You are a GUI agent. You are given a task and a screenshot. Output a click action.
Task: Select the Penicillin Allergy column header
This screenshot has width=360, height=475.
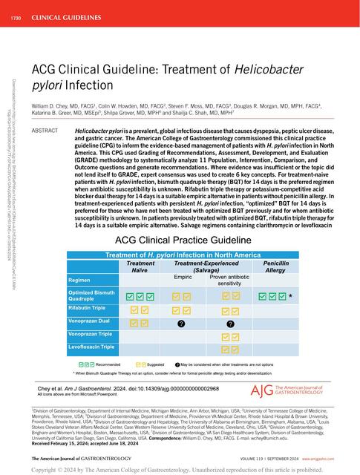click(x=279, y=267)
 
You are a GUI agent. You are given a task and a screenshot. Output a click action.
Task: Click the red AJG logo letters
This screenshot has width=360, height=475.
click(x=254, y=391)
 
